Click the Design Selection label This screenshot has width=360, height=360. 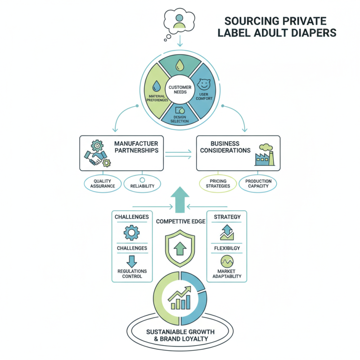point(180,119)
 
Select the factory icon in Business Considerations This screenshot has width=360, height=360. point(265,156)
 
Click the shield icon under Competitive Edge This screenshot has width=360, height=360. point(180,248)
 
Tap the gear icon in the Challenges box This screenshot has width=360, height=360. point(131,232)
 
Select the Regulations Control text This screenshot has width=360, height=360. point(131,274)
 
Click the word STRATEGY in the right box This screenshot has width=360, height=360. point(227,217)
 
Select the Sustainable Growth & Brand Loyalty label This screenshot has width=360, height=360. point(180,335)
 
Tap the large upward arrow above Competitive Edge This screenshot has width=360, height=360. point(180,198)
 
